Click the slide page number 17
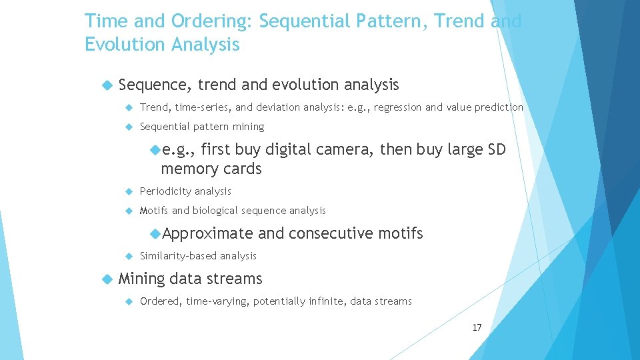pos(477,327)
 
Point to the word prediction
pos(499,107)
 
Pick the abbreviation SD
pos(497,150)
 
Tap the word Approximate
pos(207,233)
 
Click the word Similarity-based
pos(178,256)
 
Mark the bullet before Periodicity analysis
pos(129,191)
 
